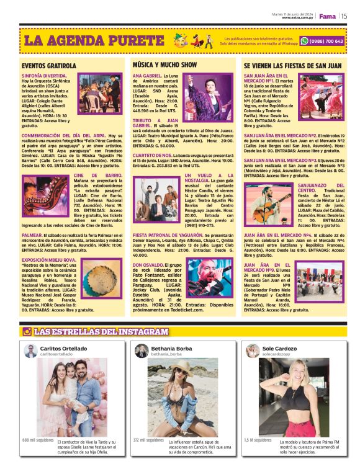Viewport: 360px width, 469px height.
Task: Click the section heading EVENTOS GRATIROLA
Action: (49, 65)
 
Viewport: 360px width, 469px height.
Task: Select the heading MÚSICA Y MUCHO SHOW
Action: (164, 65)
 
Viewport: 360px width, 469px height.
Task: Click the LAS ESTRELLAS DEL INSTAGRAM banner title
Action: (101, 332)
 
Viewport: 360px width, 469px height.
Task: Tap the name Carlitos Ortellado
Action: (64, 349)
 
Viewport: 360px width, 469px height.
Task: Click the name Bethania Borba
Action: (171, 349)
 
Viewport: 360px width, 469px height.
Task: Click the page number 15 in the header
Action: (344, 17)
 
